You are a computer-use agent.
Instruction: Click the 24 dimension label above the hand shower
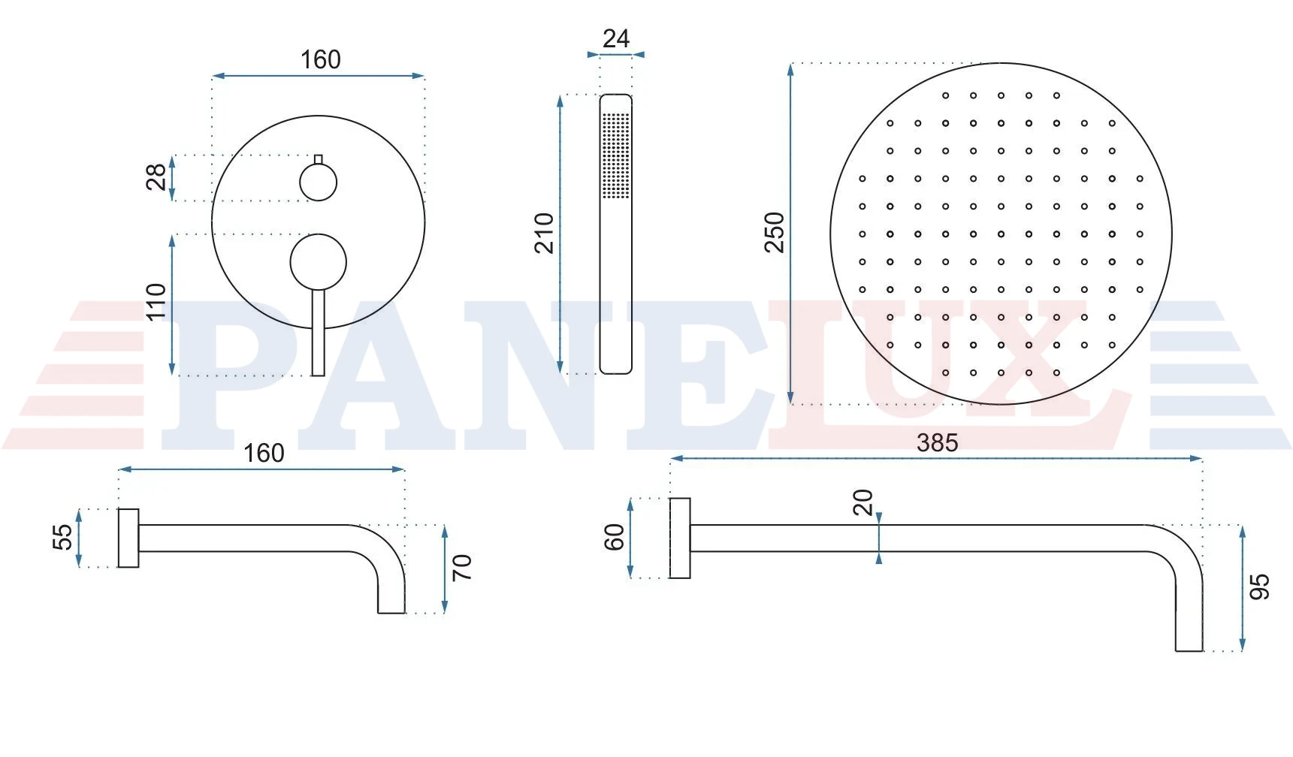pos(616,38)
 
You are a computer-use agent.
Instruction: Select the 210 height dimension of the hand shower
pos(545,233)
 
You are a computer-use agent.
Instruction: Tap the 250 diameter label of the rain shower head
pos(775,233)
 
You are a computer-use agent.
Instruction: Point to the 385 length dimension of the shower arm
pos(937,442)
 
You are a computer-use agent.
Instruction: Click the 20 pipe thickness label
pos(863,502)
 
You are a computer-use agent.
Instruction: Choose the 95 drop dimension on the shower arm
pos(1259,587)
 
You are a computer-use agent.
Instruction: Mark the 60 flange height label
pos(615,538)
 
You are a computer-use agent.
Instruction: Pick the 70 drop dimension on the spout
pos(462,567)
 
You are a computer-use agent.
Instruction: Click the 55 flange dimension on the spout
pos(63,536)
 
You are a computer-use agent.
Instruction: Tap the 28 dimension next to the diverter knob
pos(156,177)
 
